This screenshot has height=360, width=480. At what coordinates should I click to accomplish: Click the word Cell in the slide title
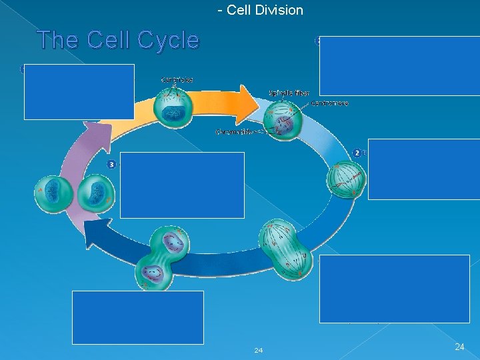click(x=105, y=41)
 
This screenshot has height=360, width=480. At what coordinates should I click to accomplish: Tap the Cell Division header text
click(x=260, y=10)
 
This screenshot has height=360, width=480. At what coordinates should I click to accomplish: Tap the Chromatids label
click(x=234, y=131)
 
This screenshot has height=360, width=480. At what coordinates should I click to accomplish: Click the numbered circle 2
click(x=357, y=153)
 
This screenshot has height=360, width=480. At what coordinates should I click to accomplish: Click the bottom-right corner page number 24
click(x=459, y=347)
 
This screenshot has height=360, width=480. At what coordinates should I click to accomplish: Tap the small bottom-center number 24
click(x=258, y=350)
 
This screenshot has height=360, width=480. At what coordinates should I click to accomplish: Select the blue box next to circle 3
click(x=182, y=185)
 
